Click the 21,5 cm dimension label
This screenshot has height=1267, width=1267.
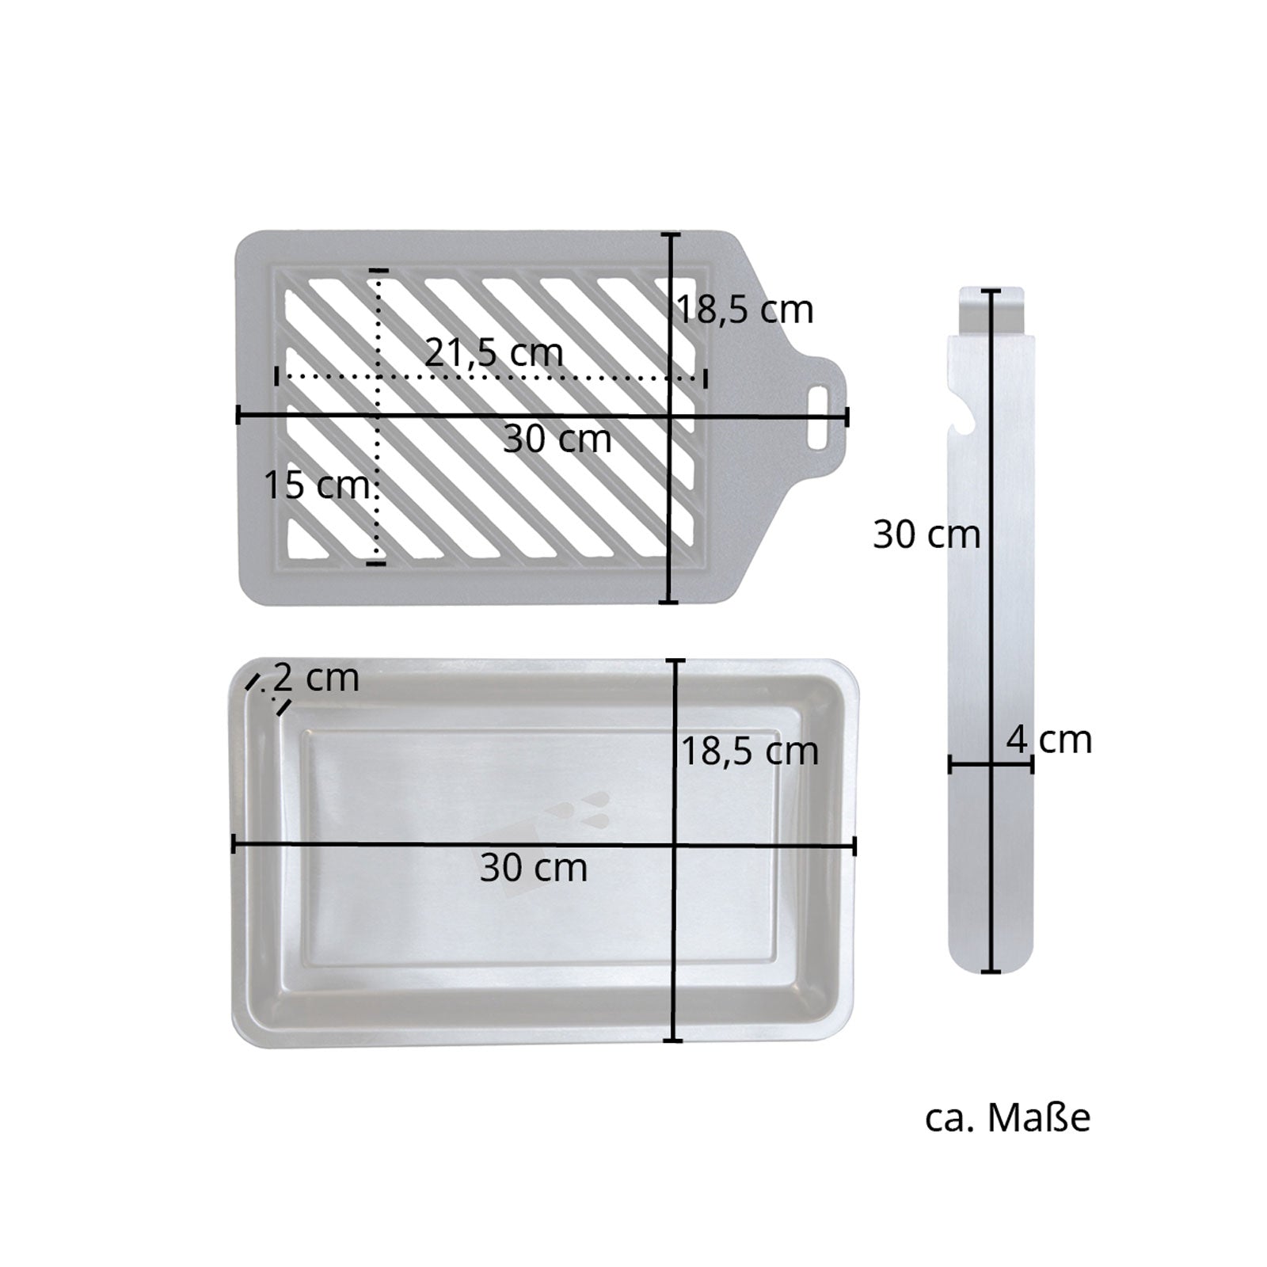494,352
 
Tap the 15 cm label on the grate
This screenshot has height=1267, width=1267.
316,485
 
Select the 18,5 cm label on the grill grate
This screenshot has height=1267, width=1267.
744,310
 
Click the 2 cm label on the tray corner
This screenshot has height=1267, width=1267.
315,679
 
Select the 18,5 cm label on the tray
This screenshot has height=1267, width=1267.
749,751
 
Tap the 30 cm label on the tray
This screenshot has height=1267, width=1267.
533,869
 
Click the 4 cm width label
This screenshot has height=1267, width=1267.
1049,740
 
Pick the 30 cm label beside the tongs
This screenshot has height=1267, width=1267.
926,535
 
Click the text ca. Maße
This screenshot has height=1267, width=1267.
1007,1118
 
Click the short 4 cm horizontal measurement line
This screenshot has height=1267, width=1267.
991,764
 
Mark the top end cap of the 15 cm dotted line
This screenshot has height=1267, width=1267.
378,272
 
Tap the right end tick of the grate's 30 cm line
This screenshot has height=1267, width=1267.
847,417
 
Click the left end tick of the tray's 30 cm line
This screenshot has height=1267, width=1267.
234,845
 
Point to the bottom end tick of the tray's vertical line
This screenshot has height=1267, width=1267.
672,1040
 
